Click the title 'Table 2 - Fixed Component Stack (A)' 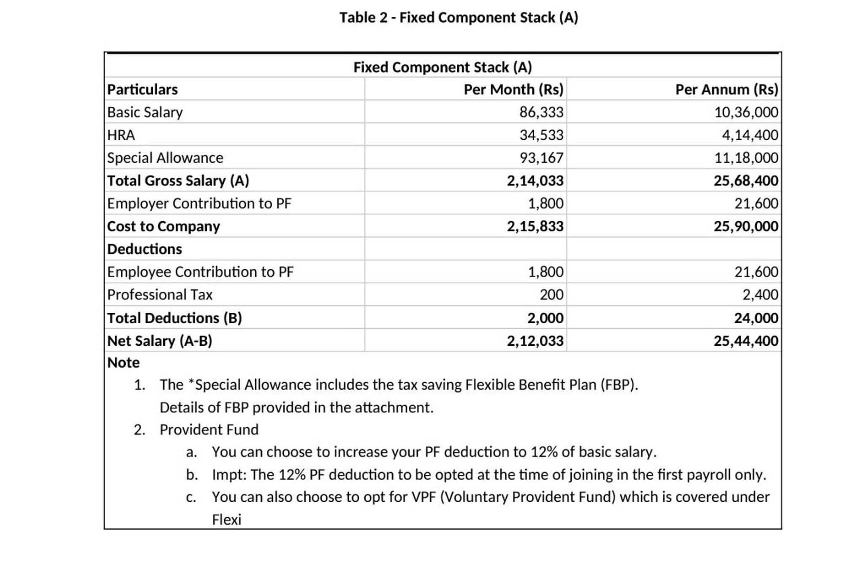[459, 18]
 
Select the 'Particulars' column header [142, 89]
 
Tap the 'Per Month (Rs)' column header [513, 89]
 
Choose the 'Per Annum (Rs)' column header [726, 89]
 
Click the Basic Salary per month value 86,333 [541, 112]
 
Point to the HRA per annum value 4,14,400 [749, 135]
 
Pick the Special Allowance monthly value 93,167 [541, 158]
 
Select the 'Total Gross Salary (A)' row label [178, 181]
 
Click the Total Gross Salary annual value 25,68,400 [745, 181]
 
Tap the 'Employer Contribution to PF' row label [199, 203]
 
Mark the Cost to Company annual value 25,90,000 [745, 226]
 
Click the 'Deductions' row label [144, 249]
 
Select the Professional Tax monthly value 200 [551, 295]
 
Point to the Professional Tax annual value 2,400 [760, 295]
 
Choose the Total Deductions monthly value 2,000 [545, 318]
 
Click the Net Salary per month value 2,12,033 [535, 341]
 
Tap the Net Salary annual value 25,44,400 [745, 341]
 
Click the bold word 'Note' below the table [123, 363]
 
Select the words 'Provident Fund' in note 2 [209, 430]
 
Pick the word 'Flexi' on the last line [226, 520]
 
